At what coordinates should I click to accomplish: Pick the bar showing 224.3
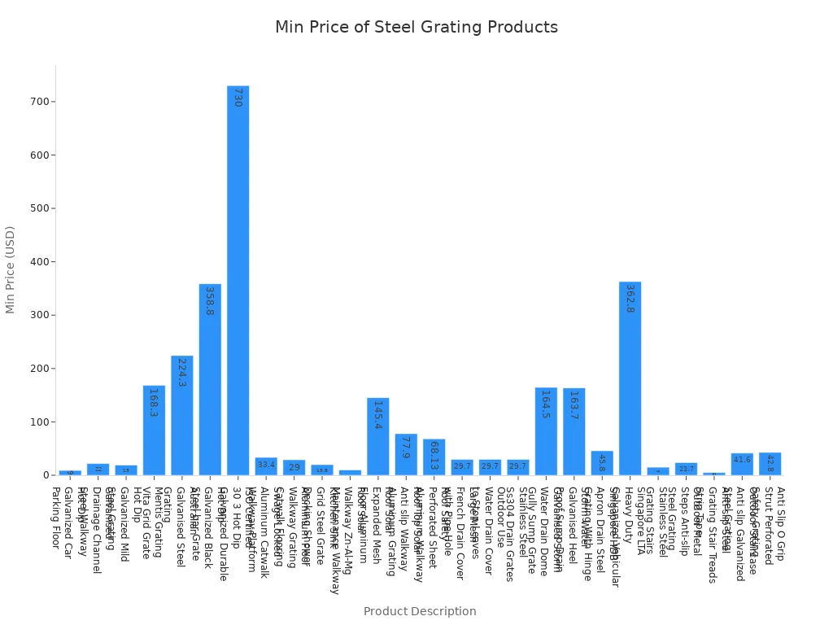pos(182,415)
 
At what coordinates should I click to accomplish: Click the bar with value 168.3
pos(154,431)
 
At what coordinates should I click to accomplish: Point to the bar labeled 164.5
pos(546,431)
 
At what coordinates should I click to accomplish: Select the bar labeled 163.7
pos(574,431)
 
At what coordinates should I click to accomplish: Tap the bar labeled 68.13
pos(434,457)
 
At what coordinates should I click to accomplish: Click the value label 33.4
pos(266,465)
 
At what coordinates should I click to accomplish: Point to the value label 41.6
pos(742,460)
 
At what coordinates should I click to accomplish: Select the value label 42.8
pos(770,460)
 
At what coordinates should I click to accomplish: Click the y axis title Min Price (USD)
pos(11,269)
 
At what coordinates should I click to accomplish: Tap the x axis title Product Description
pos(420,611)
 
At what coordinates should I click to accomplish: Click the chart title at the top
pos(416,28)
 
